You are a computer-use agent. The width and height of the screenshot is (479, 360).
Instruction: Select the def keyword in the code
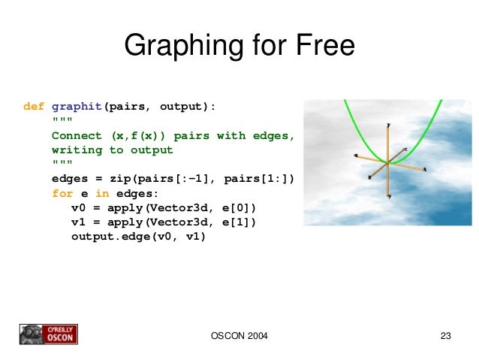pos(34,107)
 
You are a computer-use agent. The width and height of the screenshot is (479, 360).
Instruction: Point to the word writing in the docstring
pos(77,150)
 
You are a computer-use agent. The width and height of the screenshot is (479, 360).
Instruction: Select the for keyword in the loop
pos(62,193)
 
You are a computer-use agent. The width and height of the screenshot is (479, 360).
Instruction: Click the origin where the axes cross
pos(387,163)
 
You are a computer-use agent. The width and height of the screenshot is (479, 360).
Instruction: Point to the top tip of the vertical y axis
pos(388,125)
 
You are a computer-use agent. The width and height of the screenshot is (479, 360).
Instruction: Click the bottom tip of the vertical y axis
pos(388,196)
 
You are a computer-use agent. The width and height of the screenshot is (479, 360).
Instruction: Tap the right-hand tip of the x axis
pos(424,171)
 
